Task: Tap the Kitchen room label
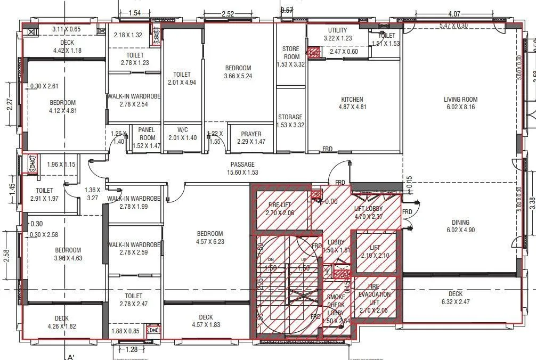[352, 100]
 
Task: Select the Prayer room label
[251, 134]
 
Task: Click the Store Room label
[291, 53]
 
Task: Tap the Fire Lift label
[279, 205]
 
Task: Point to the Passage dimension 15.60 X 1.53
[242, 173]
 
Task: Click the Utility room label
[337, 30]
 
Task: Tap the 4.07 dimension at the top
[454, 14]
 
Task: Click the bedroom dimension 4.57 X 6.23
[209, 241]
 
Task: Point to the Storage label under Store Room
[290, 117]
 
